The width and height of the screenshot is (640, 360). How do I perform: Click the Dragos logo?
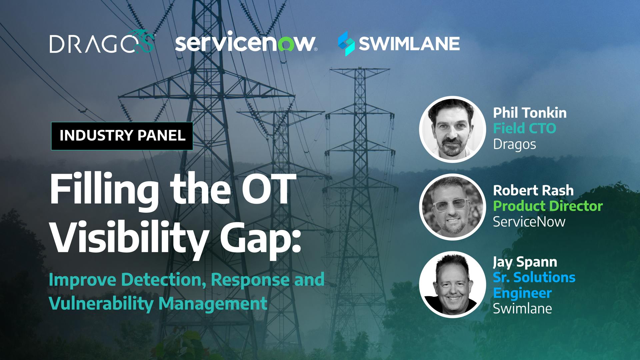coord(102,42)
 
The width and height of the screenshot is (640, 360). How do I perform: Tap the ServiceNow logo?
coord(246,42)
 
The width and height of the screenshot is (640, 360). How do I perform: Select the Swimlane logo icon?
coord(346,43)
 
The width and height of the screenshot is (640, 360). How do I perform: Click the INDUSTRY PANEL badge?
coord(122,136)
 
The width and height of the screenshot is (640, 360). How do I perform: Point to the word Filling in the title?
coord(104,191)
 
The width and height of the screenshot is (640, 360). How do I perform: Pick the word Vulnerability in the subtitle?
coord(101,304)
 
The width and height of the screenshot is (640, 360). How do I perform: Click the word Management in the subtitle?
coord(213,304)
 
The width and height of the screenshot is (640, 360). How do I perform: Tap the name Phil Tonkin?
coord(530,113)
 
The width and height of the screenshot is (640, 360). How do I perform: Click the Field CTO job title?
coord(524,128)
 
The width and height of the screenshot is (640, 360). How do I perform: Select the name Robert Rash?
coord(533,190)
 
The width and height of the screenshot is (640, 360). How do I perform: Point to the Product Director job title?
coord(548,206)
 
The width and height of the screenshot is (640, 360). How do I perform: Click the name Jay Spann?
coord(525,262)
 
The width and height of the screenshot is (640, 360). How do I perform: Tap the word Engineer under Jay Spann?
coord(522,293)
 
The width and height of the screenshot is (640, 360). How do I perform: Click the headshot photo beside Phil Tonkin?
coord(452,129)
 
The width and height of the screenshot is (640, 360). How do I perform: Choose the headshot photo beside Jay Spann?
coord(452,284)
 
